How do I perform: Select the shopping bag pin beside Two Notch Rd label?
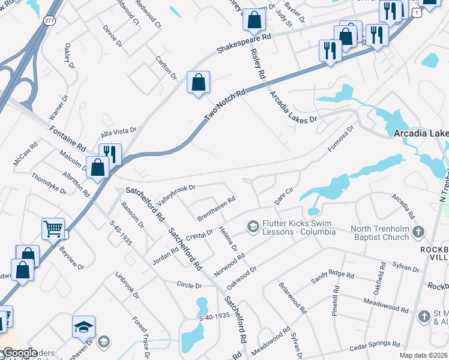point(198,82)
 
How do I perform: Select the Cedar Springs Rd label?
point(375,347)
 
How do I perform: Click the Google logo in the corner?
point(20,353)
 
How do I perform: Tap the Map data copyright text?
point(424,355)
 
